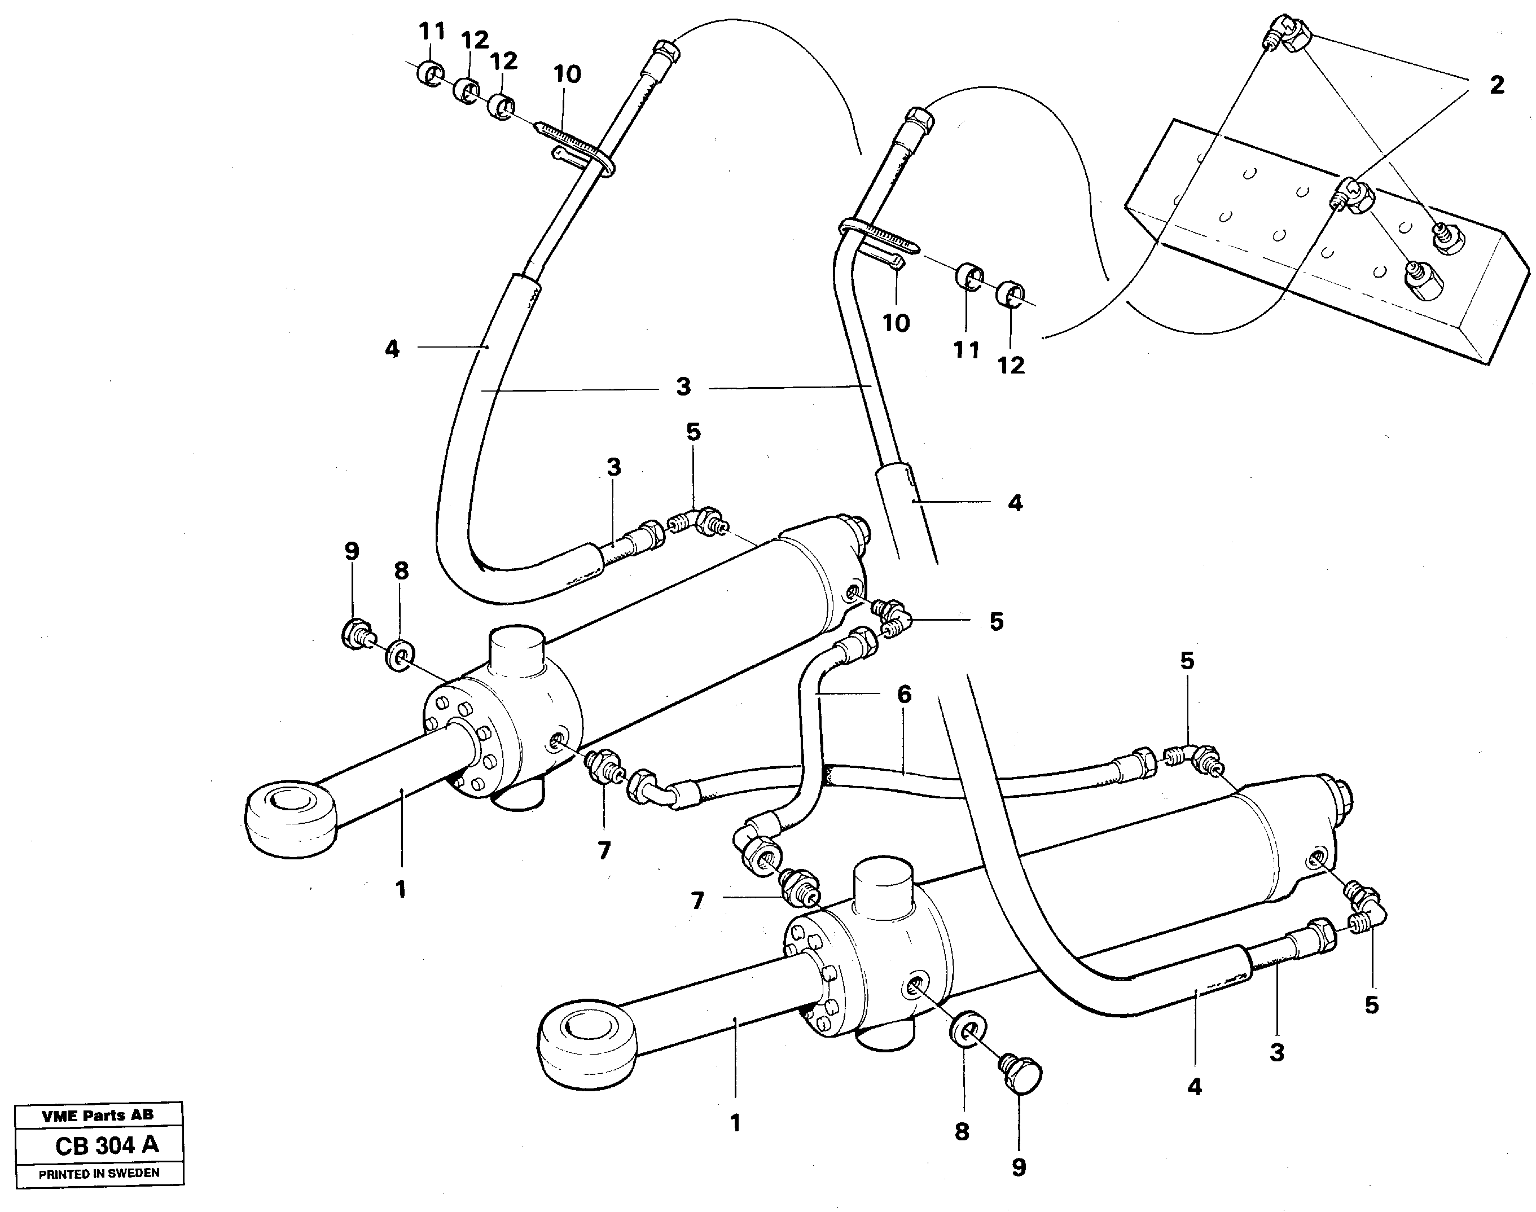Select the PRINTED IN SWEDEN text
pos(99,1174)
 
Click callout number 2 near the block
pos(1496,86)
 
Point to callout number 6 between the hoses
pos(904,694)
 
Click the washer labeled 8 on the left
pos(400,655)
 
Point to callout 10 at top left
pos(567,74)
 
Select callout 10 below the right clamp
pos(896,323)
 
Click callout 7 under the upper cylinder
pos(604,850)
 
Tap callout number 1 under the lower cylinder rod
pos(735,1123)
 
